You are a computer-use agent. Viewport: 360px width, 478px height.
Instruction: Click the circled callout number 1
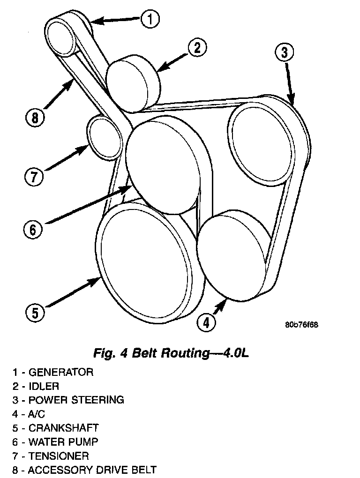[150, 19]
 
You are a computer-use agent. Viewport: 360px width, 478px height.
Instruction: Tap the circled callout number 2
[197, 48]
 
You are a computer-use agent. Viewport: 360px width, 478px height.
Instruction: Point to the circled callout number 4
[207, 322]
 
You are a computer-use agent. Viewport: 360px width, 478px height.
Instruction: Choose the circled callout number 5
[35, 313]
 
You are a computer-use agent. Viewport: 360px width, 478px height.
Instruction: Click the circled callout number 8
[35, 118]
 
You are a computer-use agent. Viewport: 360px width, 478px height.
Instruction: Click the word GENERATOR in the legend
[61, 373]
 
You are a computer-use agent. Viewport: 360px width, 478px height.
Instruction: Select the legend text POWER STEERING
[76, 400]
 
